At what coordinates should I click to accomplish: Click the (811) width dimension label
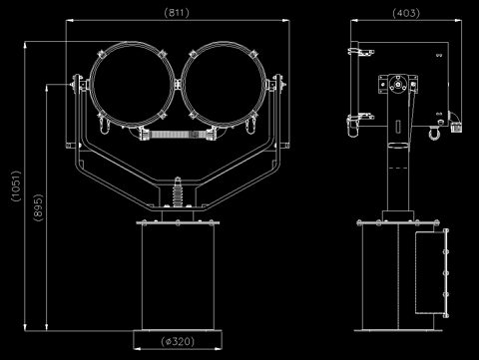coord(177,13)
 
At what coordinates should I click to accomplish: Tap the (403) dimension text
coord(406,13)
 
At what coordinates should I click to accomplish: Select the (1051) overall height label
coord(16,186)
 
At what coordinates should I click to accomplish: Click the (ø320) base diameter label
coord(178,341)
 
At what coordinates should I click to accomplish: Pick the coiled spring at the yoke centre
coord(178,194)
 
